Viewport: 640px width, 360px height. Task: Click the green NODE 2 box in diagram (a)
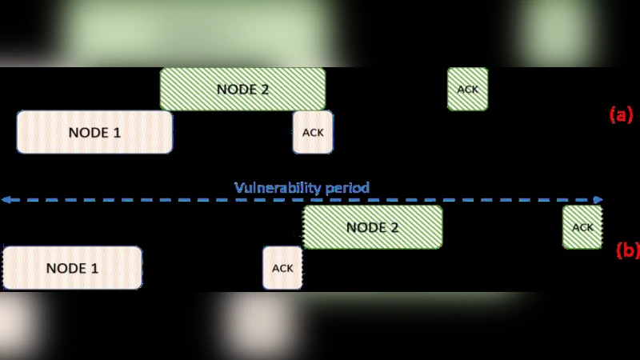pos(242,89)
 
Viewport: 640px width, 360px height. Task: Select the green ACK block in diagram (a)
pos(467,89)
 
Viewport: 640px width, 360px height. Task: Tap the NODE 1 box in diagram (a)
pos(94,132)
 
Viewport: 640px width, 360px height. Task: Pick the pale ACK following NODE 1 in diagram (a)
pos(313,132)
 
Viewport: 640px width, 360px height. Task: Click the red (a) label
pos(621,114)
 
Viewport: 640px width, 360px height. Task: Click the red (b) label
pos(627,250)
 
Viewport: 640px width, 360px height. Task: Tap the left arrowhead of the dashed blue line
pos(5,199)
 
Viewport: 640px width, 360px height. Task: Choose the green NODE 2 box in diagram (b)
pos(372,227)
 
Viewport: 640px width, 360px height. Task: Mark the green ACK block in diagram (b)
pos(582,227)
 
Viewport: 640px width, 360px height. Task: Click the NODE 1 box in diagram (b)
pos(72,268)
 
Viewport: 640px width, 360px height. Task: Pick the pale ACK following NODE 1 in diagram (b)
pos(282,268)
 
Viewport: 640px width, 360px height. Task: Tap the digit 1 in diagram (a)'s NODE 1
pos(117,132)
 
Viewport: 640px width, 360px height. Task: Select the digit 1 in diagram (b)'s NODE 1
pos(94,268)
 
